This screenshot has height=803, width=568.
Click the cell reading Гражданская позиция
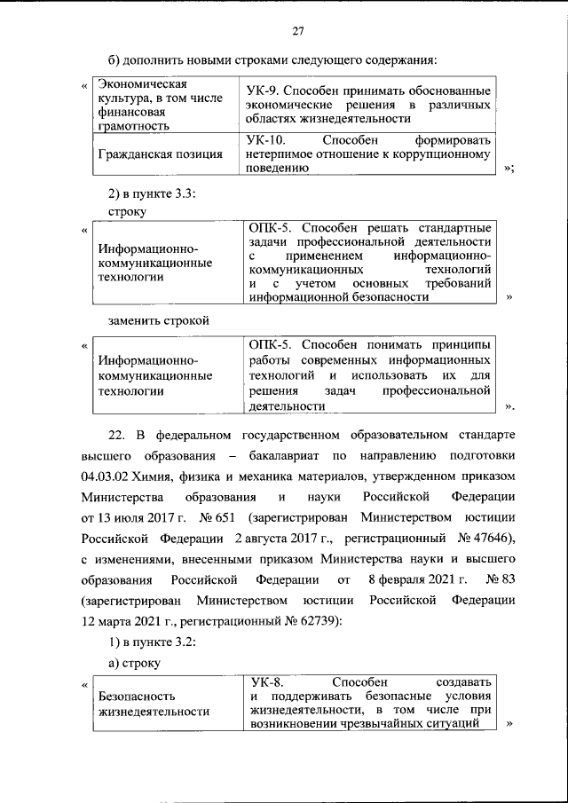[x=161, y=154]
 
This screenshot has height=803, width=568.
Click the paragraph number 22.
[x=115, y=437]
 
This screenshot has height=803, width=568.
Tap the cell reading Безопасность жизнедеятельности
[x=154, y=704]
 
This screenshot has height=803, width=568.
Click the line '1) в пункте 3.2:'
[x=146, y=641]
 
